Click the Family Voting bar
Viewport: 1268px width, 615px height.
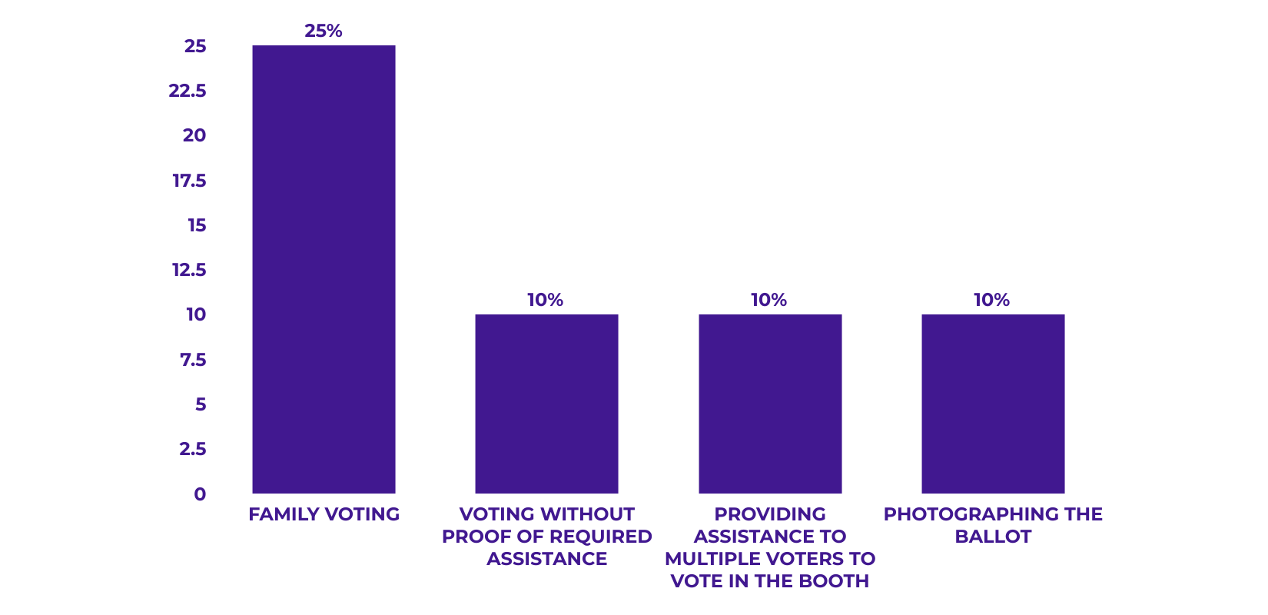coord(324,269)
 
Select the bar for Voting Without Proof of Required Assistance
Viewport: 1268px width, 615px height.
coord(546,404)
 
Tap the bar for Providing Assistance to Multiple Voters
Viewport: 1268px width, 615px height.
coord(770,404)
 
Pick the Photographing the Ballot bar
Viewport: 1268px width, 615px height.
coord(993,404)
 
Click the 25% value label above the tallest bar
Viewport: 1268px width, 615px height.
coord(324,31)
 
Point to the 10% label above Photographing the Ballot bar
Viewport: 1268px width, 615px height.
coord(991,300)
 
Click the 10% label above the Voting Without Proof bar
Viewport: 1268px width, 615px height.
coord(545,300)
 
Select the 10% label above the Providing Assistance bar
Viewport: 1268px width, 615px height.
coord(768,300)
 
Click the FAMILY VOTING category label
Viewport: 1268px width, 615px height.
coord(324,514)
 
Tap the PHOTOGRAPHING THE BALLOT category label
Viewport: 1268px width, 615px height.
coord(993,525)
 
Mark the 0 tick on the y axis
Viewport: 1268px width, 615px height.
coord(200,494)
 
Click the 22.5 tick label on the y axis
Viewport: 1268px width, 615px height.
coord(188,91)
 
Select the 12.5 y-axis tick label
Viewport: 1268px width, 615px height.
coord(189,270)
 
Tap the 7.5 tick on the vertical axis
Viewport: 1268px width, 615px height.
coord(193,360)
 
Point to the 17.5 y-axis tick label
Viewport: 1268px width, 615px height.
coord(189,181)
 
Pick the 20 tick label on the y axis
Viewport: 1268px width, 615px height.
coord(194,135)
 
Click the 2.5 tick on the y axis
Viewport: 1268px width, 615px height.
coord(193,449)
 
